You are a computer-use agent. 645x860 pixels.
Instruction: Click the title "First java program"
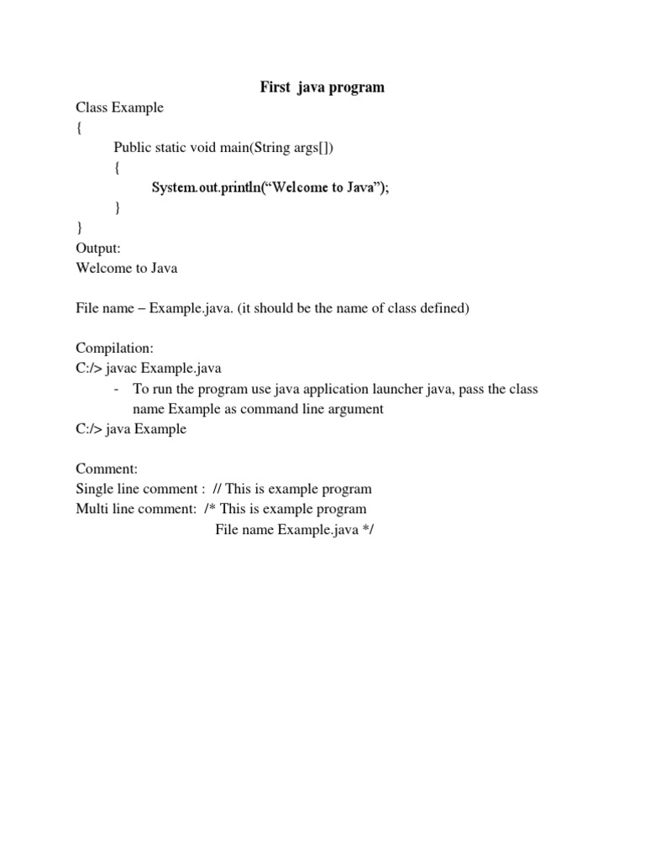click(x=322, y=87)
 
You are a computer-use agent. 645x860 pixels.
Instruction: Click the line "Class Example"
click(x=119, y=107)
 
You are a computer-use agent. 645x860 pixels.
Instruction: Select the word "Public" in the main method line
click(x=133, y=148)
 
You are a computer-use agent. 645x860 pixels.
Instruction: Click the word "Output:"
click(x=98, y=249)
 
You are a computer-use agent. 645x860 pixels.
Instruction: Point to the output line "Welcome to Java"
click(x=127, y=269)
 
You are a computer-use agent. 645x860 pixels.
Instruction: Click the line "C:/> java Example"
click(x=131, y=429)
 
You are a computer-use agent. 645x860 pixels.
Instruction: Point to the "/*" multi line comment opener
click(x=210, y=509)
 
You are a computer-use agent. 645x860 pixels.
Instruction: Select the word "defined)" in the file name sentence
click(x=445, y=309)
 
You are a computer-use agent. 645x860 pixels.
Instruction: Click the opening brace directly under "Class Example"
click(x=79, y=128)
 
